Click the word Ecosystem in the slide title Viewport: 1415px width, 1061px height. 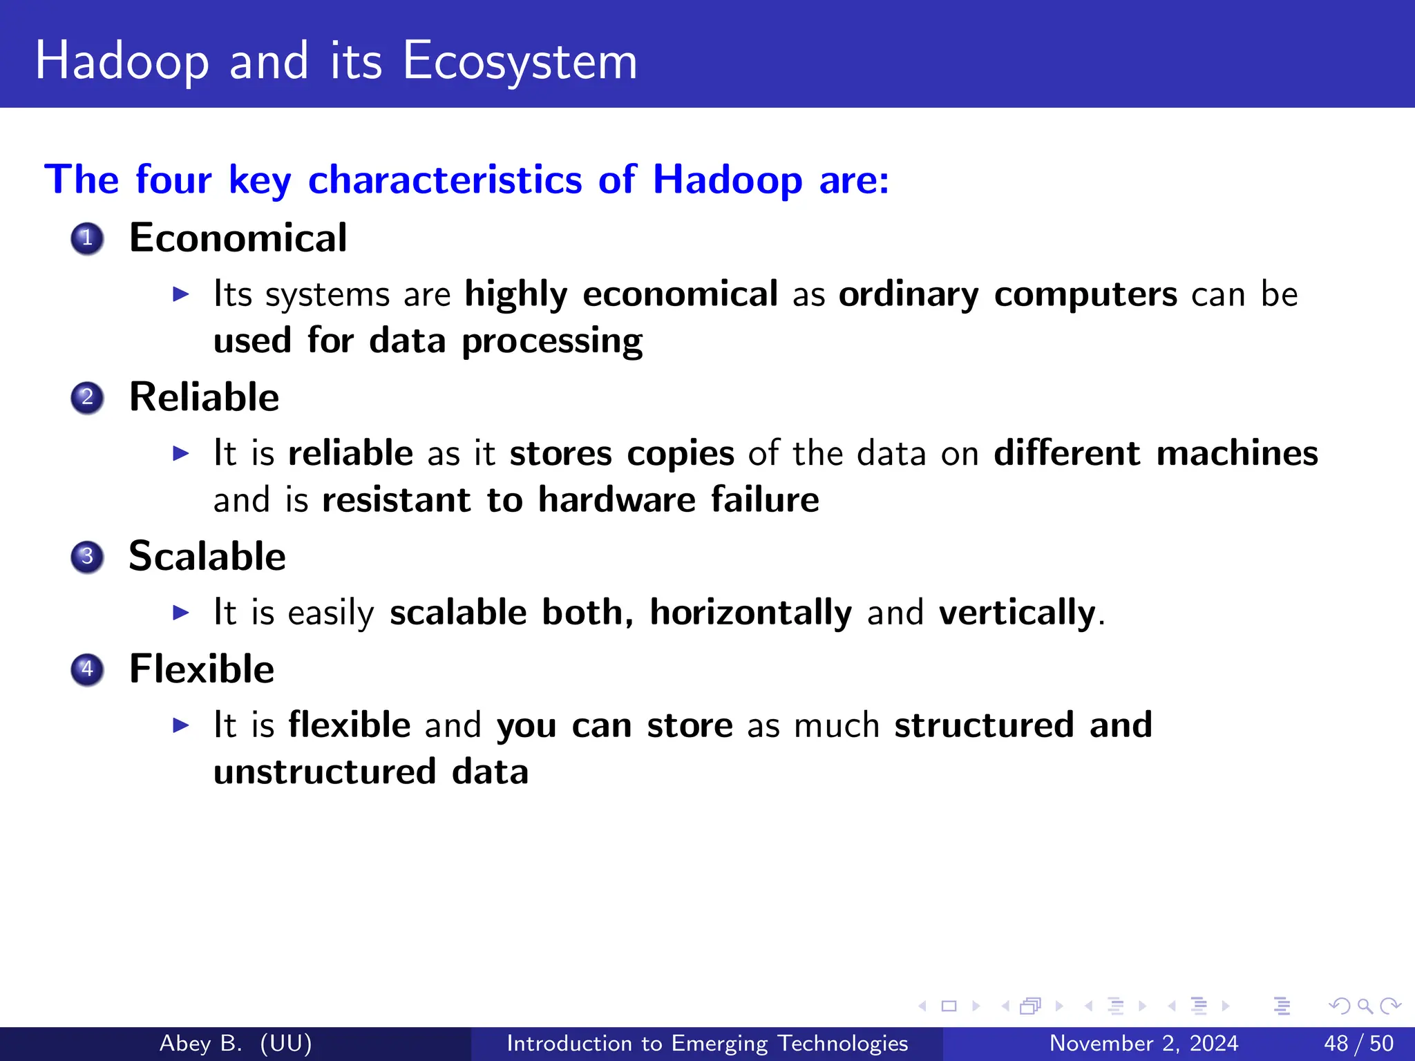(x=520, y=62)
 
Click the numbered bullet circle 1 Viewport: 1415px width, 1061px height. (x=87, y=239)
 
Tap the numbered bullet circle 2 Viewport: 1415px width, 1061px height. (x=87, y=398)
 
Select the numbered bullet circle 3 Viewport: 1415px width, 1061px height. (x=87, y=557)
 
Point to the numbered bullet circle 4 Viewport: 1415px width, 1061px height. (x=87, y=669)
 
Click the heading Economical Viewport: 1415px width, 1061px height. (x=238, y=238)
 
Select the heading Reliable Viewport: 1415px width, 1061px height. (x=204, y=397)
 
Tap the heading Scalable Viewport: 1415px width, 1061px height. (x=207, y=557)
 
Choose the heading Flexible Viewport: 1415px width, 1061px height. (x=202, y=669)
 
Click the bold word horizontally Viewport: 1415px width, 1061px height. (x=750, y=613)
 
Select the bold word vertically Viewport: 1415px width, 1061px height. (x=1017, y=613)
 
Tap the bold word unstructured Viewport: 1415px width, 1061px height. (x=325, y=772)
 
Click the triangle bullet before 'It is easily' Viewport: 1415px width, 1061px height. (x=180, y=613)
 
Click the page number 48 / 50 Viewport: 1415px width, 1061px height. (x=1358, y=1043)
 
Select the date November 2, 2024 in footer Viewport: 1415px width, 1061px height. (x=1143, y=1043)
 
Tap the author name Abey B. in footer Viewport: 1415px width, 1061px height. (x=200, y=1043)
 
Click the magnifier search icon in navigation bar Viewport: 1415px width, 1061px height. (x=1365, y=1006)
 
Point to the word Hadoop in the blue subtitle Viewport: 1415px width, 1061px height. (x=727, y=180)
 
